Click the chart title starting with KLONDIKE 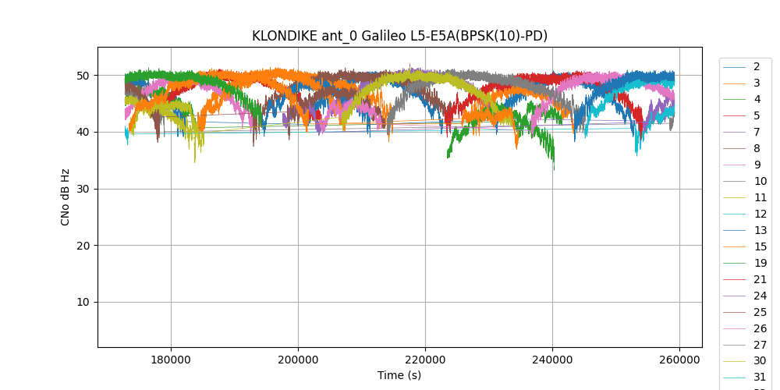(399, 36)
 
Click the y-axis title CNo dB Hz (66, 197)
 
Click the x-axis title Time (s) (399, 375)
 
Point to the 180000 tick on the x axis (171, 360)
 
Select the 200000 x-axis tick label (298, 360)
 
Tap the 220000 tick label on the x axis (425, 360)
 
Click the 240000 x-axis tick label (552, 360)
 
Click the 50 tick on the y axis (82, 76)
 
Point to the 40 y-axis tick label (82, 132)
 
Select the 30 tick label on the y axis (82, 189)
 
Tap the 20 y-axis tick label (82, 246)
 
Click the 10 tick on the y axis (82, 302)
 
